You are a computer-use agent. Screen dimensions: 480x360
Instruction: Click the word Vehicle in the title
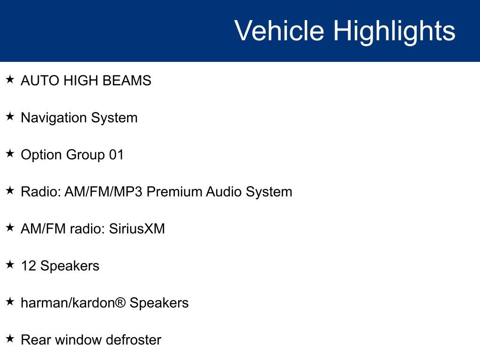(x=279, y=30)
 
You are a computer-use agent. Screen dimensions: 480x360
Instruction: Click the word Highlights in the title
(x=394, y=32)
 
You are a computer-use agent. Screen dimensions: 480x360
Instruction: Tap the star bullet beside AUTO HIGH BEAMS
(x=10, y=79)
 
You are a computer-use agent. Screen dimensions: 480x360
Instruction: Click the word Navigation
(x=53, y=118)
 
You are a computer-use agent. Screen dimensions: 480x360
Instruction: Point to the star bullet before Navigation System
(x=10, y=116)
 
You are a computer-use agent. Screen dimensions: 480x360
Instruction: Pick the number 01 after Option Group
(x=117, y=155)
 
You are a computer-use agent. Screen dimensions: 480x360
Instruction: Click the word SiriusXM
(x=137, y=229)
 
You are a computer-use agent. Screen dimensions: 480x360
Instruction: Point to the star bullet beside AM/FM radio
(x=10, y=227)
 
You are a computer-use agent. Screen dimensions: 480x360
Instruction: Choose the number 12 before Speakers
(x=29, y=266)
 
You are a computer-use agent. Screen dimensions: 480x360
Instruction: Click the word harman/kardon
(x=68, y=303)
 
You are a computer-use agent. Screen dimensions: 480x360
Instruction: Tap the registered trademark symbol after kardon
(x=121, y=302)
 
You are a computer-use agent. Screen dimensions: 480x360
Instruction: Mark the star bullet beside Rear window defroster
(x=10, y=338)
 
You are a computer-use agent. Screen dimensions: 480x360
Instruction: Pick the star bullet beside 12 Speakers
(x=10, y=264)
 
